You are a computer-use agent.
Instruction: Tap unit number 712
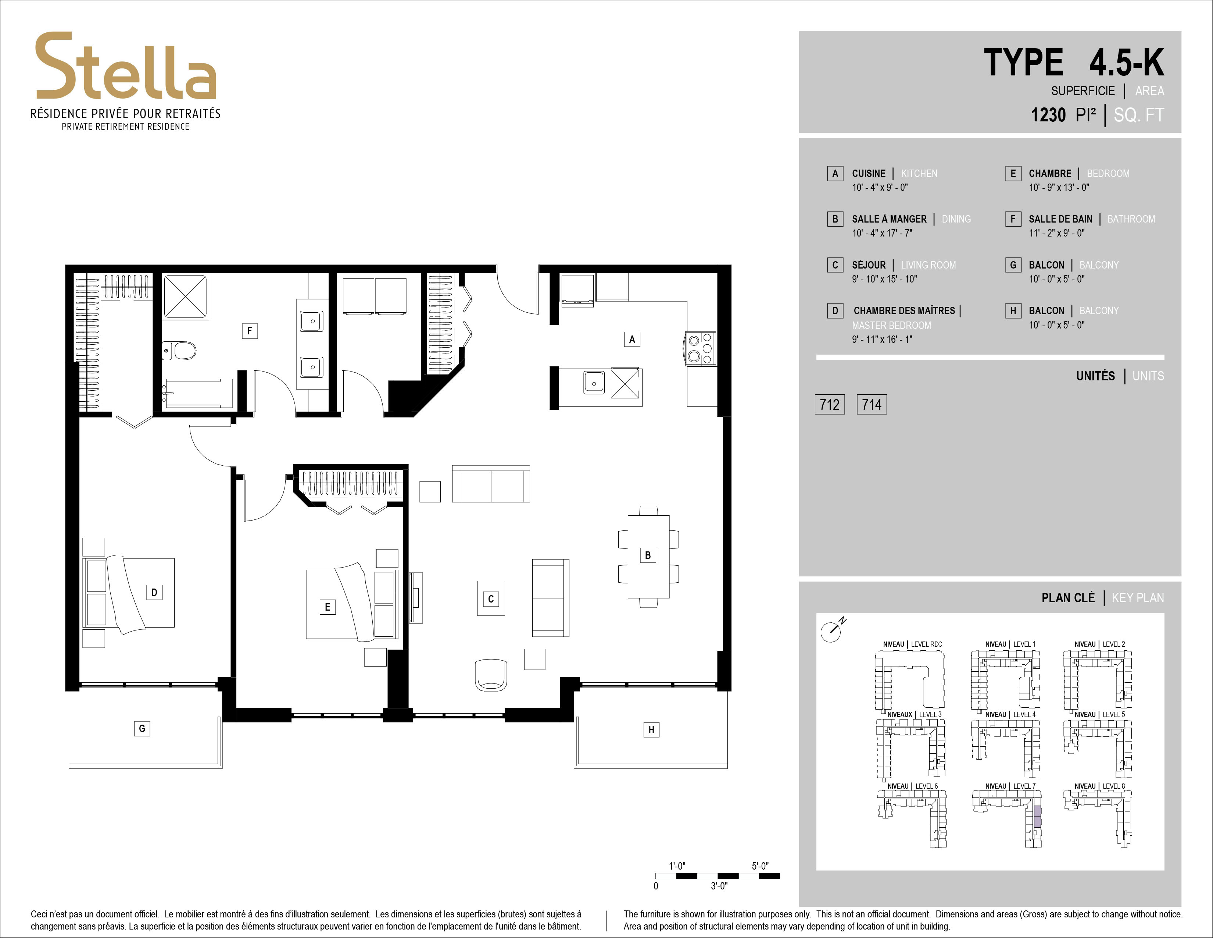829,405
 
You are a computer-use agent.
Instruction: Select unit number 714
872,405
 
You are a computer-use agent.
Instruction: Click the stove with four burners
700,348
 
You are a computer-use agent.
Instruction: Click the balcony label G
142,728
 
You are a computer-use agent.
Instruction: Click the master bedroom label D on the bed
154,592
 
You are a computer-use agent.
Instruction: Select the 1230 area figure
1048,115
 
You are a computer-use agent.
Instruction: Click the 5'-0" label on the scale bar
760,866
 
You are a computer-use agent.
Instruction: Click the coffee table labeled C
491,598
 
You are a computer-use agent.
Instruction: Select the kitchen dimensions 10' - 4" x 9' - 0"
880,188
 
